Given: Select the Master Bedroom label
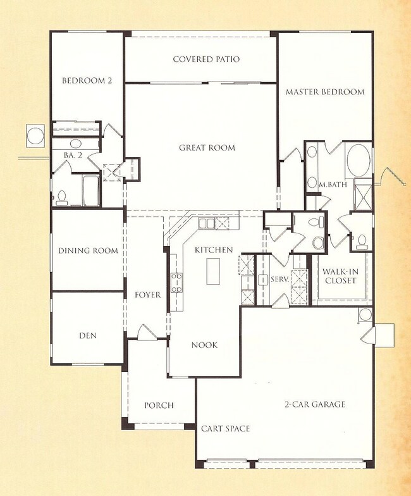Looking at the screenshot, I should (x=325, y=92).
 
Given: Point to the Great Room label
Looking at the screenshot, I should (x=207, y=148).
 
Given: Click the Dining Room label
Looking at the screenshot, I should (x=88, y=251).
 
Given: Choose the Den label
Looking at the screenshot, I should (x=88, y=335).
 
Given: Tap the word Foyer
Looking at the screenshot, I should (x=148, y=295).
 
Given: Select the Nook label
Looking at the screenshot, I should (x=205, y=345).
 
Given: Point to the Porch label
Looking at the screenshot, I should (x=159, y=406).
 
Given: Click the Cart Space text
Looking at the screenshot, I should (x=225, y=428).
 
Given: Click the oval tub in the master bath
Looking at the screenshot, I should (x=360, y=162).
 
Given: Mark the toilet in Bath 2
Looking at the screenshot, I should (x=62, y=198).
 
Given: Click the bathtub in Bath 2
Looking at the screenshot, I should (x=91, y=190).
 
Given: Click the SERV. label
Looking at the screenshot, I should (x=279, y=279).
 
